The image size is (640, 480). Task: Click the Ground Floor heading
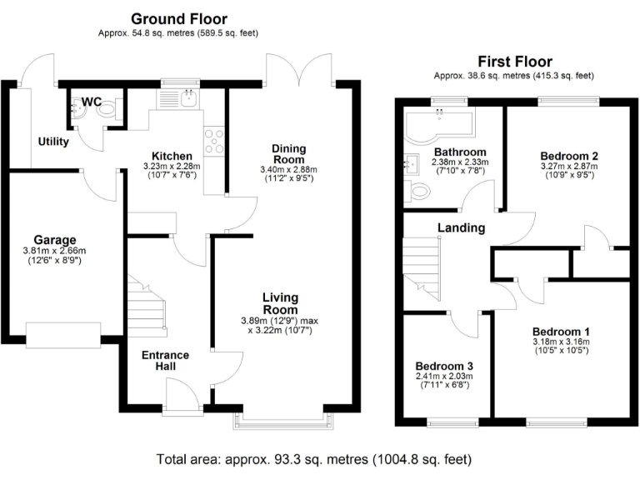tap(179, 19)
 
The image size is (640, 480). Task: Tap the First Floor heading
tap(515, 62)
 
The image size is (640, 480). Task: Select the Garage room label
tap(55, 240)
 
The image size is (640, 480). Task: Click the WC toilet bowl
tap(107, 109)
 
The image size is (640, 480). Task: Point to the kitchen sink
tap(189, 98)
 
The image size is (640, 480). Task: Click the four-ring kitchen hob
tap(214, 141)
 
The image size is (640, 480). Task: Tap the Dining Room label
tap(288, 154)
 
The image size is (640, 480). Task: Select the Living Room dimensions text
tap(280, 325)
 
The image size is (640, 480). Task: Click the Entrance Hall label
tap(165, 360)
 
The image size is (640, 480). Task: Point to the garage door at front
tap(63, 335)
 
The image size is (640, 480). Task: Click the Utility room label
tap(53, 142)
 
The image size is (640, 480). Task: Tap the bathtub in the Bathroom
tap(438, 124)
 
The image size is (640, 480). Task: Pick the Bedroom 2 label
tap(569, 156)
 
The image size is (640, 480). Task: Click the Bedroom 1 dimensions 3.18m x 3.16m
tap(562, 342)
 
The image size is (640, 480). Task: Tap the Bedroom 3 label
tap(444, 366)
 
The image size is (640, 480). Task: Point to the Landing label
tap(461, 227)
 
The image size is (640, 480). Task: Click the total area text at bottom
tap(314, 460)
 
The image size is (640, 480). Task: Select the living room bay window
tap(283, 421)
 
